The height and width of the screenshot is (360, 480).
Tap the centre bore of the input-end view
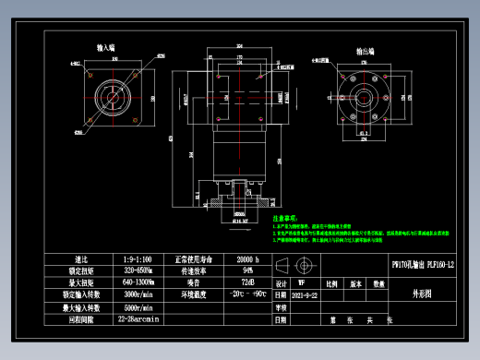pyautogui.click(x=116, y=97)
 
